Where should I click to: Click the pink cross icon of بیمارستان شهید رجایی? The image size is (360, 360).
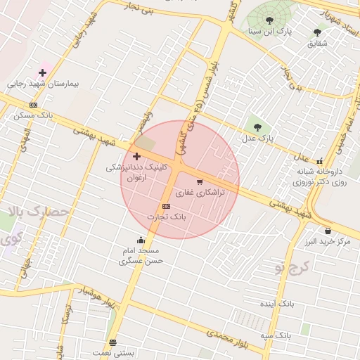point(42,72)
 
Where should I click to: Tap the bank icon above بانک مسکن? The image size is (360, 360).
point(33,105)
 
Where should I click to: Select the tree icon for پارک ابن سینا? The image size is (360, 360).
point(270,20)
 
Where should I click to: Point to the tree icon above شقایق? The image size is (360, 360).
point(319,32)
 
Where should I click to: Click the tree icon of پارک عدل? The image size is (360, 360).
point(257,127)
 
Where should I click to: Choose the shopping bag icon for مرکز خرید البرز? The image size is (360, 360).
point(328,231)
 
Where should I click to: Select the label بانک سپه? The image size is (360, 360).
point(276,336)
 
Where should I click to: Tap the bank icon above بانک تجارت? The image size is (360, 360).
point(166,206)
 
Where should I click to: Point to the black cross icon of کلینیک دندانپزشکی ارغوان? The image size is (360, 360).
point(136,155)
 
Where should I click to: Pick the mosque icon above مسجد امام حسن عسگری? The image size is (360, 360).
point(141,239)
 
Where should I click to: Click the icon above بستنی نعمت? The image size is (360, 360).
point(112,342)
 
